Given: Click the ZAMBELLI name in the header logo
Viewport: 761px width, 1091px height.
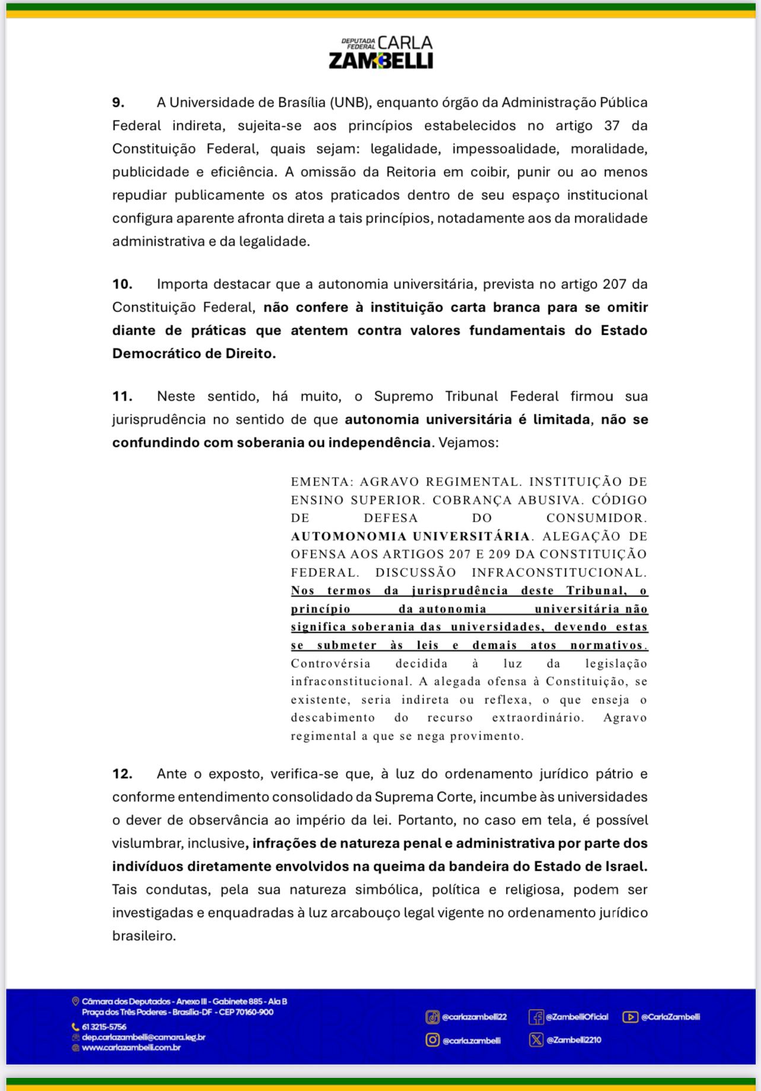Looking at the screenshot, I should click(381, 61).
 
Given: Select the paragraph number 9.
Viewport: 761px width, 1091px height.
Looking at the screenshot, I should click(119, 102).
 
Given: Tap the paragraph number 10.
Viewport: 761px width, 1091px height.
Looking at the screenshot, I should click(122, 284).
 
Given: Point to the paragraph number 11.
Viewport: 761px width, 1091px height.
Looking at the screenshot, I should click(122, 396).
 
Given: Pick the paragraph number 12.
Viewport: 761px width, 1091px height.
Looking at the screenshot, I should click(122, 773).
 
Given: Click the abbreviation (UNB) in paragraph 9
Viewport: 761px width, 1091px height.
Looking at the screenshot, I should click(351, 102).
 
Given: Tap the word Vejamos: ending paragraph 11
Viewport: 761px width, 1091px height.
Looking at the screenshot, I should click(469, 442).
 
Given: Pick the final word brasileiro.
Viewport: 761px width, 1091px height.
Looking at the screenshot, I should click(144, 936).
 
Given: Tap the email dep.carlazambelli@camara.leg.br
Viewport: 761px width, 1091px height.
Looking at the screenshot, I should click(144, 1037).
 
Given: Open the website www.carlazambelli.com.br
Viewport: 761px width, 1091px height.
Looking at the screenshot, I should click(131, 1048).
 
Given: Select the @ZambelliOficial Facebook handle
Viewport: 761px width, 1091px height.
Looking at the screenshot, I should click(577, 1017).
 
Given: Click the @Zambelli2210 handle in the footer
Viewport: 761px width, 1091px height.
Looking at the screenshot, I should click(574, 1040).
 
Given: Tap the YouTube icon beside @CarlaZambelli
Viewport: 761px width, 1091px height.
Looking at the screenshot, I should click(630, 1017).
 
